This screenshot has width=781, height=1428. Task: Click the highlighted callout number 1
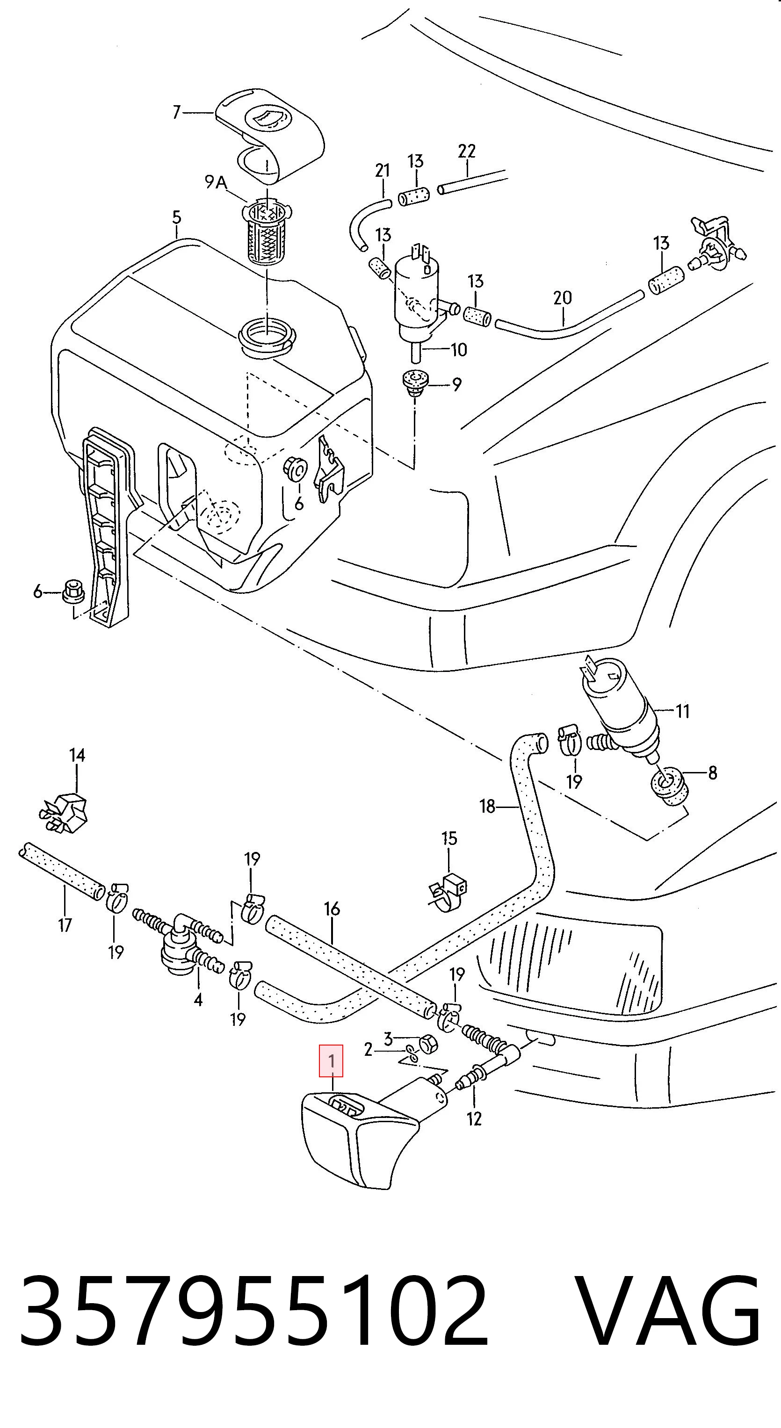331,1061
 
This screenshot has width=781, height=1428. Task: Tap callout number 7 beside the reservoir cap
176,113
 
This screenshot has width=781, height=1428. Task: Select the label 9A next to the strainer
216,181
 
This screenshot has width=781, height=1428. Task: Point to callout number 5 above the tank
176,217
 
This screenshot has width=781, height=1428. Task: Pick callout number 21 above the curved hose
383,171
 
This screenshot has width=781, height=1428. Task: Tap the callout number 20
562,298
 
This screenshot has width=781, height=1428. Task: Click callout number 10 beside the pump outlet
459,350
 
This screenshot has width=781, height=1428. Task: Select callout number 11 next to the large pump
682,711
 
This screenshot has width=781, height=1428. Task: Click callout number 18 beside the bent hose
487,806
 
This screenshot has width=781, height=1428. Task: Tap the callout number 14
77,755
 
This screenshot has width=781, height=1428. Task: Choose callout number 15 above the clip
449,838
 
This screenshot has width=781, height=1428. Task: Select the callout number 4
198,1000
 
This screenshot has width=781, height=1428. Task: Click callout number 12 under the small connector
474,1118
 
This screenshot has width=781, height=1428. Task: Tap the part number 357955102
254,1309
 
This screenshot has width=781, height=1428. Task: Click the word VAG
667,1309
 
